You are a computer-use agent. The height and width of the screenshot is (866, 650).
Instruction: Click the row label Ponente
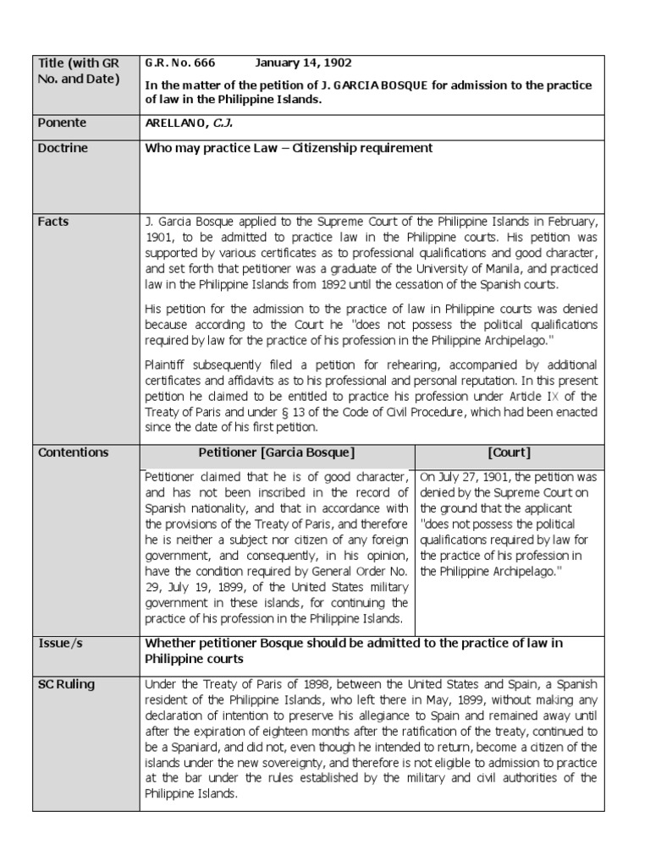[x=62, y=123]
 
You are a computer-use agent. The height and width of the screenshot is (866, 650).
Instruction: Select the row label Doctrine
[x=63, y=149]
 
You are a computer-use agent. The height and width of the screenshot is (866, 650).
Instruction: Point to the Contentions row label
[x=74, y=452]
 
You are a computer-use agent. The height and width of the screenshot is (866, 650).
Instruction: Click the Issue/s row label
[x=61, y=644]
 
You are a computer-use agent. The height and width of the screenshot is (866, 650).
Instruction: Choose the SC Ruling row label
[x=67, y=684]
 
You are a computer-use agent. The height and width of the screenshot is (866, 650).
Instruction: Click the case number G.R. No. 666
[x=180, y=63]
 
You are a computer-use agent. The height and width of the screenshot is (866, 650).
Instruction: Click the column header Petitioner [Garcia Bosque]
[x=277, y=452]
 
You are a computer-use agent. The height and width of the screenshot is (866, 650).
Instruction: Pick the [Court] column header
[x=510, y=452]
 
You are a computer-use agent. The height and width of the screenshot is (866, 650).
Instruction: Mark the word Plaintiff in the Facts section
[x=168, y=366]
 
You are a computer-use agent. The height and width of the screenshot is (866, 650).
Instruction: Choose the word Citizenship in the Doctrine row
[x=328, y=149]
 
